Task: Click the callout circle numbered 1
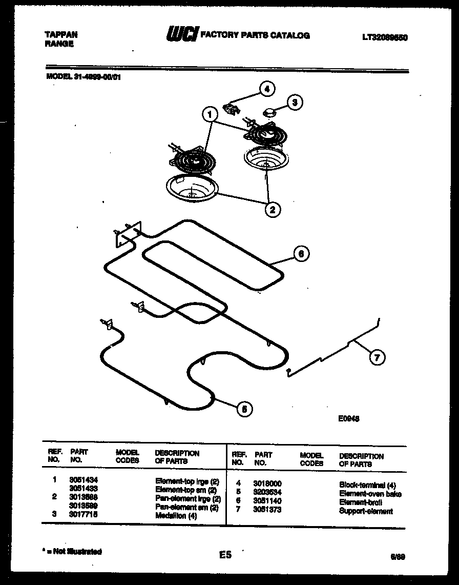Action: pyautogui.click(x=209, y=115)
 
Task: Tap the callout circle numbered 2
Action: pyautogui.click(x=272, y=209)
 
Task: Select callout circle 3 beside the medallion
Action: pyautogui.click(x=294, y=103)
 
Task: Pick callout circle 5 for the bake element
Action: pyautogui.click(x=245, y=409)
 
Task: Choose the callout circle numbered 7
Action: pyautogui.click(x=377, y=358)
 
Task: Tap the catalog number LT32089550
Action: pyautogui.click(x=384, y=37)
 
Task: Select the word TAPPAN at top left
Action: pyautogui.click(x=61, y=35)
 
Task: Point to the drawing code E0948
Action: pyautogui.click(x=348, y=418)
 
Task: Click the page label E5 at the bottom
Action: pyautogui.click(x=225, y=555)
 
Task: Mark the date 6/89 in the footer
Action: pyautogui.click(x=398, y=557)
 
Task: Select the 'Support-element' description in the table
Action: pyautogui.click(x=366, y=511)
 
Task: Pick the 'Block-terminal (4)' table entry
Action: pyautogui.click(x=367, y=485)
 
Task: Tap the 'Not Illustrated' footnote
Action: pyautogui.click(x=73, y=552)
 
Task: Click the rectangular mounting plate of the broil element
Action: pyautogui.click(x=127, y=235)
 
